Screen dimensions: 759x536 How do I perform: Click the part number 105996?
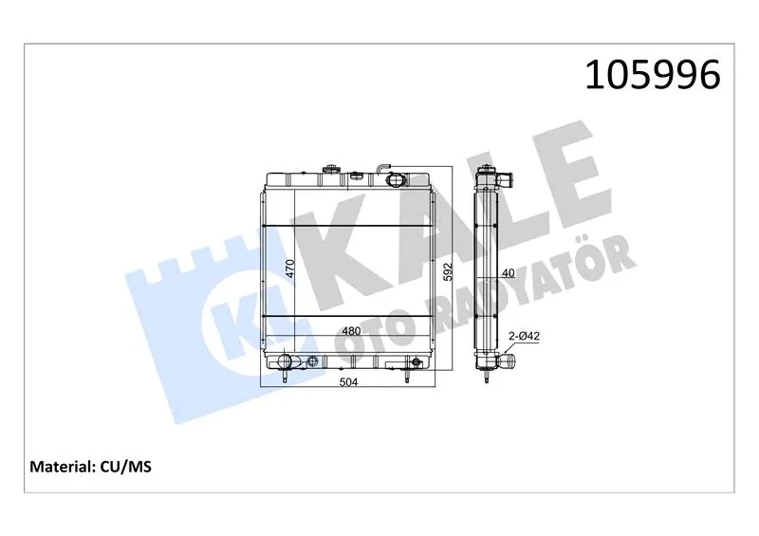[x=653, y=75]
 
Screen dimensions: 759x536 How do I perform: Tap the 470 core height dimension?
[x=289, y=268]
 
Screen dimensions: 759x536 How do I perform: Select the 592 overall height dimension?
[x=447, y=271]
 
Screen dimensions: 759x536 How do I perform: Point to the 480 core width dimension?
[x=351, y=331]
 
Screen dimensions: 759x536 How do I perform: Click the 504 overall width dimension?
[x=348, y=382]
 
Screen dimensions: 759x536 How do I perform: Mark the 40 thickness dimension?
[x=508, y=273]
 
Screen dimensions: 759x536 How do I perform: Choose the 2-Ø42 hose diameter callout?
[x=524, y=336]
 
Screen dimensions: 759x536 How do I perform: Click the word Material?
[x=62, y=467]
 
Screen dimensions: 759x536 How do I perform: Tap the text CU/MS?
[x=126, y=467]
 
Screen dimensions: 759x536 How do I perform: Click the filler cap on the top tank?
[x=331, y=170]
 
